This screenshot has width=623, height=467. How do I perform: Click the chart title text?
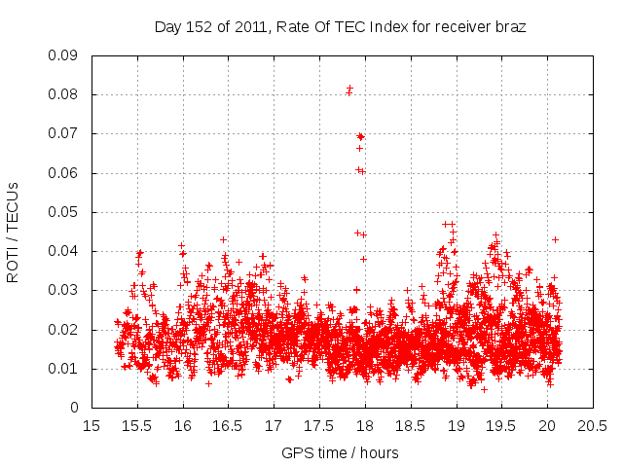coord(340,27)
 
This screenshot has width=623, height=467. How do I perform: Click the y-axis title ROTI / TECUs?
coord(13,232)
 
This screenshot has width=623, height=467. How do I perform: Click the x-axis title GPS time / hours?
coord(340,452)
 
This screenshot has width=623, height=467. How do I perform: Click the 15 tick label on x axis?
coord(92,425)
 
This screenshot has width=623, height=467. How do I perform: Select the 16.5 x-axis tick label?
coord(228,425)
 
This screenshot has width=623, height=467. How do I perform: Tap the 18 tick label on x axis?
coord(364,425)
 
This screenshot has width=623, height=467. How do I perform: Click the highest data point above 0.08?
coord(349,89)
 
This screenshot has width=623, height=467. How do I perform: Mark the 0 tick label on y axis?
coord(75,408)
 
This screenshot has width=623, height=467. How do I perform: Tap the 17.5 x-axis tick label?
coord(318,425)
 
